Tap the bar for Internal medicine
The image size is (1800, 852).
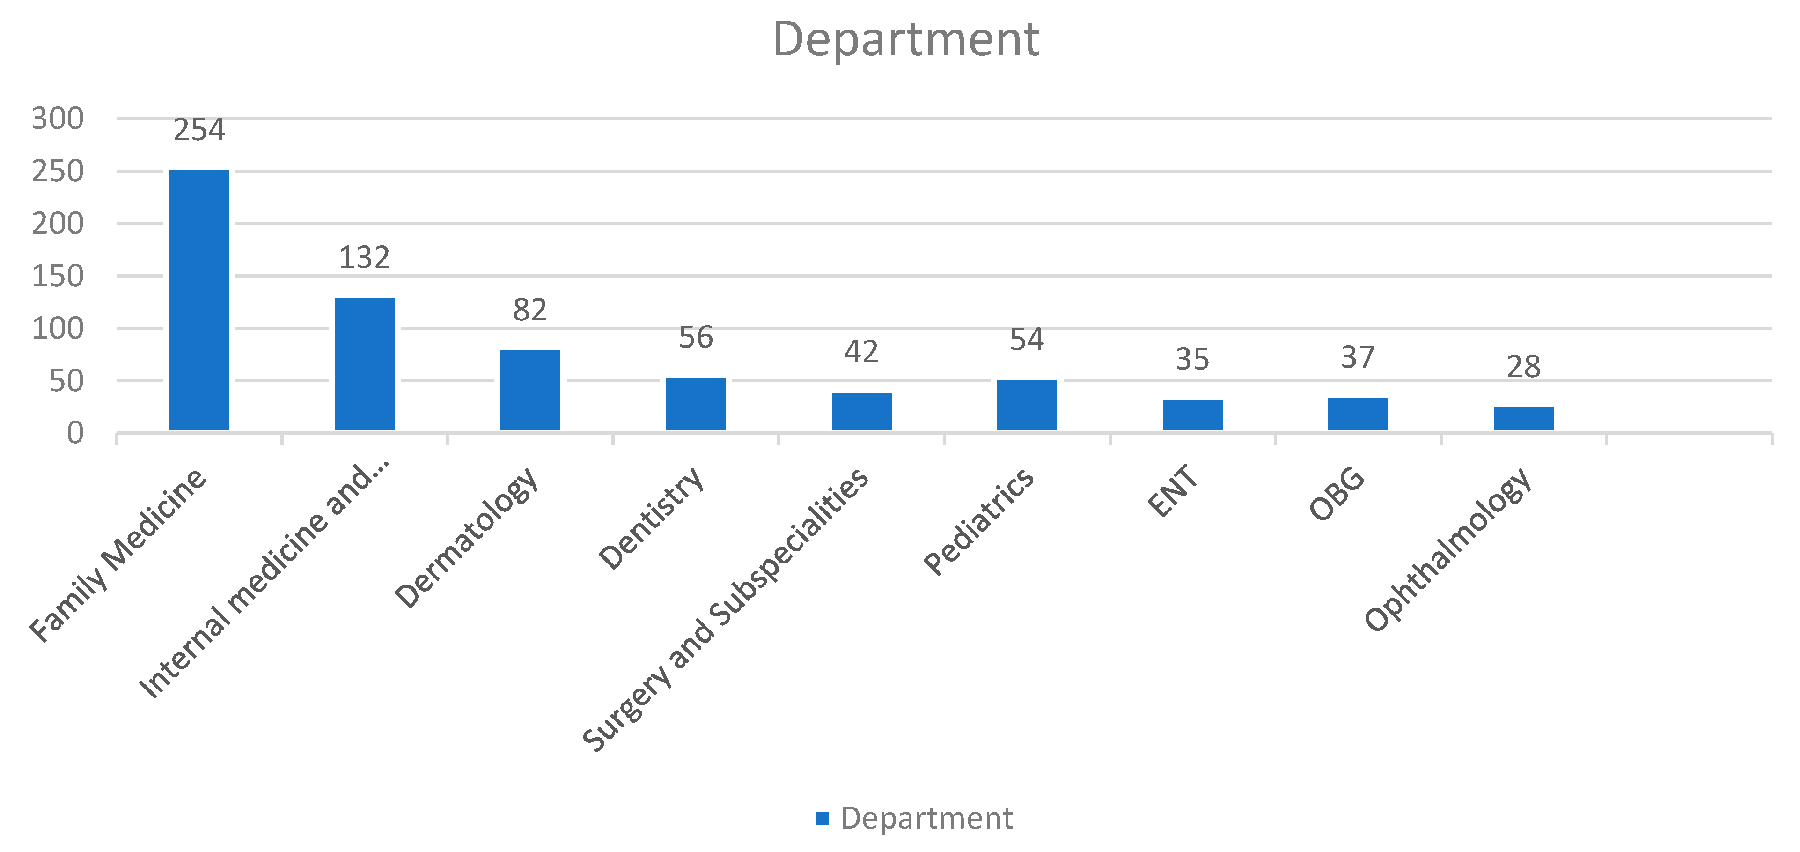point(365,363)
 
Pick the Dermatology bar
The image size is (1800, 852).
point(530,390)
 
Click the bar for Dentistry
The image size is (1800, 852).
point(696,404)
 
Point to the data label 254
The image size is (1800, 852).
point(199,130)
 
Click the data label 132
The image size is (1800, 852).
point(365,258)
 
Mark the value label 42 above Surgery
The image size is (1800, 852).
point(861,352)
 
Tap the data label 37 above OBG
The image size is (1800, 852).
point(1358,358)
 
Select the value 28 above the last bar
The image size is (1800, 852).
point(1523,367)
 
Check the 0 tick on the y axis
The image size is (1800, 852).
point(75,433)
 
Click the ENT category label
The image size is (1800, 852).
point(1173,491)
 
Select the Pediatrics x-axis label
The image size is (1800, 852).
point(978,521)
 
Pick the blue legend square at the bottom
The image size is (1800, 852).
point(823,818)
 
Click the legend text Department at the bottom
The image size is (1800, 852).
point(926,818)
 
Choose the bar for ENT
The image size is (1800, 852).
point(1192,415)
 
